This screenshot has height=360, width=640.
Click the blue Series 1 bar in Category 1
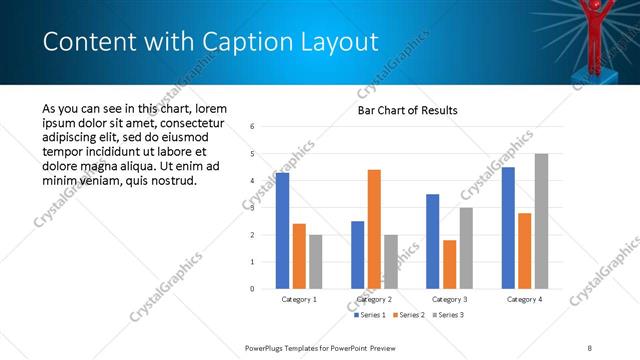[283, 231]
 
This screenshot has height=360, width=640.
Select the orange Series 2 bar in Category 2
[374, 229]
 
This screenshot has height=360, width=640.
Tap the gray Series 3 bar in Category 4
[541, 221]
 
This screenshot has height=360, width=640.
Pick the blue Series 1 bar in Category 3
[432, 241]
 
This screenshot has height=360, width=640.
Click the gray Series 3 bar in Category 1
[316, 262]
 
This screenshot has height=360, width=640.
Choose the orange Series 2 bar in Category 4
[524, 251]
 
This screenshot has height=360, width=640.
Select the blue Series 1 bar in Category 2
[357, 255]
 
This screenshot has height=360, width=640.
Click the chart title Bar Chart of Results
[408, 110]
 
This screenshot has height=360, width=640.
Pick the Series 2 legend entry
[409, 316]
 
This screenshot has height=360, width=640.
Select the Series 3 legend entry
[447, 316]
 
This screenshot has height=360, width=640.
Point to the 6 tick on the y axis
[252, 127]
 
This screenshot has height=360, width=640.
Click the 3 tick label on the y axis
[252, 208]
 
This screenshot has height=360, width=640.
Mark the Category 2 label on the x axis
[374, 299]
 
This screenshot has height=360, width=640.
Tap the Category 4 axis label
[524, 299]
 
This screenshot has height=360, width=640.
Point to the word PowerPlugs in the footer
[268, 347]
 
